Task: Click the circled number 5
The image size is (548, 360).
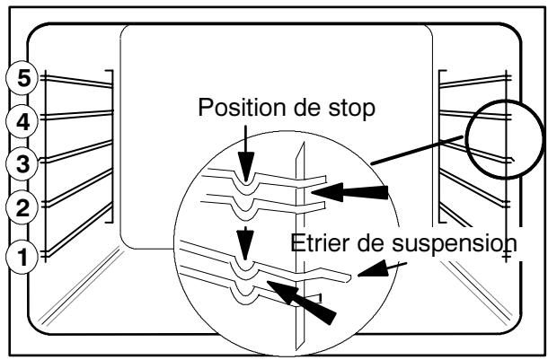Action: (18, 78)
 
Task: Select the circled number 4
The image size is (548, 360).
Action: (18, 120)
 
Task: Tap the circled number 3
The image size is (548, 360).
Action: (18, 163)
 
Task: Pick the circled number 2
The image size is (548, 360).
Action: (18, 207)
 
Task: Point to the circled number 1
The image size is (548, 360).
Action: (18, 257)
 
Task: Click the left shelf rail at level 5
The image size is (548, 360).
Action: (76, 84)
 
